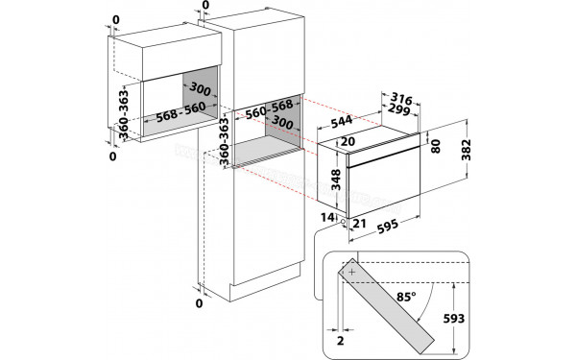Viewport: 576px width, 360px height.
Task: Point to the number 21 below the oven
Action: click(x=360, y=224)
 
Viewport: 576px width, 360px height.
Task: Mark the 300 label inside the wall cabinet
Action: click(x=174, y=88)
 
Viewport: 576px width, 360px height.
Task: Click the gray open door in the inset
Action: click(x=393, y=306)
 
